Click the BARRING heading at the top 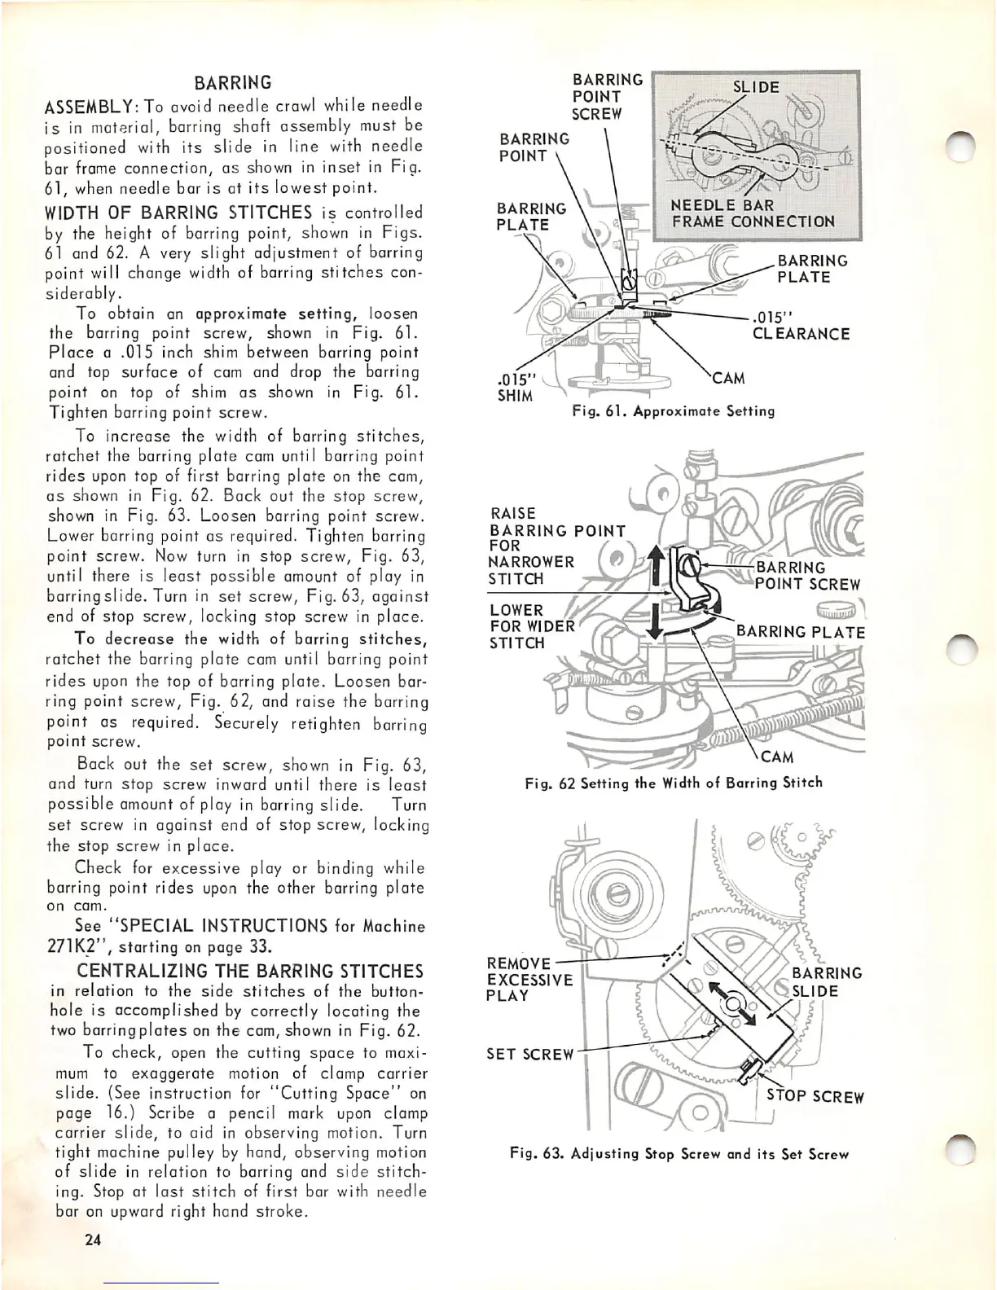[233, 83]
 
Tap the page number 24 [90, 1241]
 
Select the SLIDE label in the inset [756, 87]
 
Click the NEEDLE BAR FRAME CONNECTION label [753, 213]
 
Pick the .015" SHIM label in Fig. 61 [515, 388]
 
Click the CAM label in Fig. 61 [727, 378]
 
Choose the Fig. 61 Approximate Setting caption [673, 411]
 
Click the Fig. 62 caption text [674, 783]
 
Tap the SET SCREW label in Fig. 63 [530, 1054]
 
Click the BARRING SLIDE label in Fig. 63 [826, 982]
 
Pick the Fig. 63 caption [679, 1154]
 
